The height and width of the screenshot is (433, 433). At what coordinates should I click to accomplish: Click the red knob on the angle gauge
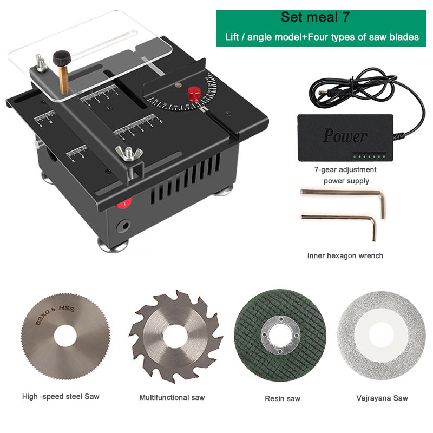tap(194, 94)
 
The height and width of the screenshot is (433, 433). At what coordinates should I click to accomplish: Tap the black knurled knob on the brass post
tap(62, 58)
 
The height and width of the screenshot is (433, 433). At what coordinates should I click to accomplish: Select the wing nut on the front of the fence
tap(129, 153)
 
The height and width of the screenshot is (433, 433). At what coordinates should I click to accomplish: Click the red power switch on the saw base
tap(124, 204)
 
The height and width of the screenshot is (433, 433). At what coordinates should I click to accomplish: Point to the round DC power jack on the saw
tap(123, 226)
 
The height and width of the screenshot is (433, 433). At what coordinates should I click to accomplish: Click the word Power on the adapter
tap(345, 136)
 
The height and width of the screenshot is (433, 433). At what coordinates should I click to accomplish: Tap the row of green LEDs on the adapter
tap(369, 156)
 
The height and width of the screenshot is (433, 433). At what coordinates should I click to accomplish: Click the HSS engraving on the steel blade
tap(67, 307)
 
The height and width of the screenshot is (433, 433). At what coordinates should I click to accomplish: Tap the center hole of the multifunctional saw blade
tap(175, 336)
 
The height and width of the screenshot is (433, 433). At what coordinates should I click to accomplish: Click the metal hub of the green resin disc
tap(280, 335)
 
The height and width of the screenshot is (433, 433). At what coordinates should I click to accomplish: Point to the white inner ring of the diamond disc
tap(382, 336)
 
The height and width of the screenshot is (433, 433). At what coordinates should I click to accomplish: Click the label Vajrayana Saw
tap(382, 398)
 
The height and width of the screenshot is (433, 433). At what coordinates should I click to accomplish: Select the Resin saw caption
tap(282, 398)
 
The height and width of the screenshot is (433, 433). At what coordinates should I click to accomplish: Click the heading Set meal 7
tap(315, 17)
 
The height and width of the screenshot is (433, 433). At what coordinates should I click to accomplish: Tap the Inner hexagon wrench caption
tap(345, 255)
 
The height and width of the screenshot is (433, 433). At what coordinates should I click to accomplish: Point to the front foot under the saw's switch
tap(113, 246)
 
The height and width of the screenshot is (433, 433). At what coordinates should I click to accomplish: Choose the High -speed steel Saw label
tap(61, 397)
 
